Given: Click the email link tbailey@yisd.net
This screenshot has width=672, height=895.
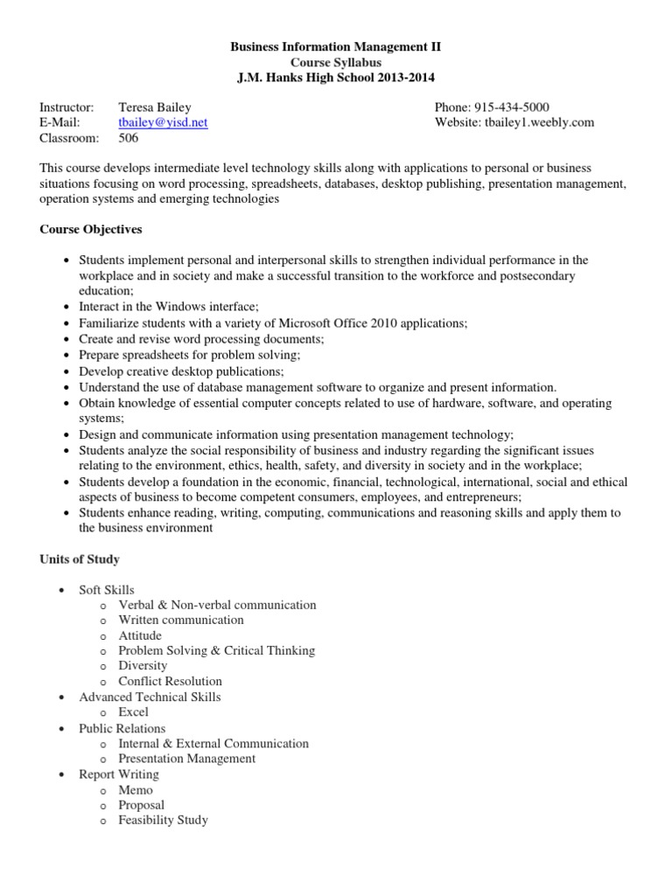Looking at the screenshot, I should (163, 122).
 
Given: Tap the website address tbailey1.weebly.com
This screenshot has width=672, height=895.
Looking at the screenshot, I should (538, 122).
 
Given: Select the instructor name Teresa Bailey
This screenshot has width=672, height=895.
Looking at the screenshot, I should (156, 107).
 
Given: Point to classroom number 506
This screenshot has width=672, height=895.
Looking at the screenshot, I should (129, 138).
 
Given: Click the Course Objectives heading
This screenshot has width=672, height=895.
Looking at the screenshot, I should (90, 230).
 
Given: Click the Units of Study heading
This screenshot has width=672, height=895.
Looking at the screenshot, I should (80, 559).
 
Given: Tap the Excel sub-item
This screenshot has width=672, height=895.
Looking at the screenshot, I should (133, 712).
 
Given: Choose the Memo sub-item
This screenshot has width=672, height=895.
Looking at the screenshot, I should (136, 790).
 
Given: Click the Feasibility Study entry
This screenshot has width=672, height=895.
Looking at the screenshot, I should (163, 821).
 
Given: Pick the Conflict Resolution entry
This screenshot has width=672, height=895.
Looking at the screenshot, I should (170, 682).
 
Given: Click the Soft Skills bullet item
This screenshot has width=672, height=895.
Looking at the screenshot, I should (107, 590).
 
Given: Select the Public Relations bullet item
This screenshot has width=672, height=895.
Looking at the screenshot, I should (122, 728).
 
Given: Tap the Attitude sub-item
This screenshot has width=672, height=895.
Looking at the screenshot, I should (140, 635).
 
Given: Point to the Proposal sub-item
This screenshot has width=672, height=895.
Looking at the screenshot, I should (141, 805).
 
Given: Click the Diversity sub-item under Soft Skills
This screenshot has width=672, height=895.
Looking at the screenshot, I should (143, 666).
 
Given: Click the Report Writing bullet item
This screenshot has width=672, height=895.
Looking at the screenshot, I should (119, 774).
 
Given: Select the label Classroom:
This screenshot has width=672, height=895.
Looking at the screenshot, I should (68, 138).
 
